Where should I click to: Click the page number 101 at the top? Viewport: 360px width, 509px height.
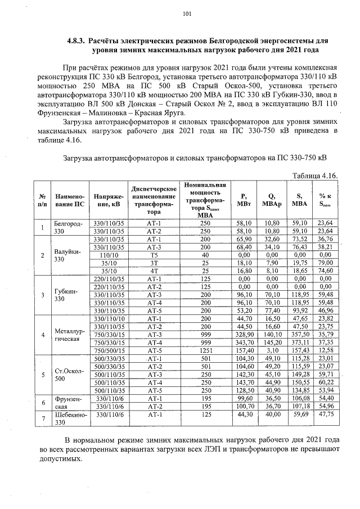(187, 14)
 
